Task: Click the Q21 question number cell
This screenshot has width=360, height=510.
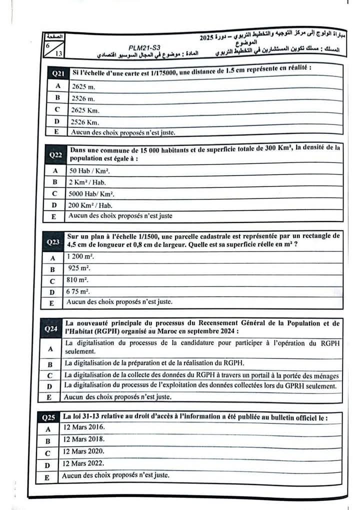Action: pos(58,73)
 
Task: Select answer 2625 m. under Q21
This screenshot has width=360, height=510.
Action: pos(82,86)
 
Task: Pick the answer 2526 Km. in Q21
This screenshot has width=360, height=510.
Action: pos(85,122)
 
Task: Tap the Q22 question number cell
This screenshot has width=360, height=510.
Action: pos(55,155)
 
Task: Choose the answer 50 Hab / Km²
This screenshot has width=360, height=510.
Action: pos(90,170)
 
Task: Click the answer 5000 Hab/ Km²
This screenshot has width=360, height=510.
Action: pos(92,194)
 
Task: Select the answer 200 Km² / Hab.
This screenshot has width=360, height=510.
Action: pos(91,205)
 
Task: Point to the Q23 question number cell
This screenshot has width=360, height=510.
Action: pos(53,242)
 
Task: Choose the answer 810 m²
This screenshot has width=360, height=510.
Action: pos(78,280)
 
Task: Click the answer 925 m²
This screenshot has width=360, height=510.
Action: pos(79,268)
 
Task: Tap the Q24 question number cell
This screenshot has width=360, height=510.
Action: pos(51,328)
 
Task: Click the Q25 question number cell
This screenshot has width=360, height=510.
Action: pos(49,417)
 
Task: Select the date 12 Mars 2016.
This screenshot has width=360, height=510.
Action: pos(83,428)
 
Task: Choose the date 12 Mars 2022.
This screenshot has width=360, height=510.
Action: pos(83,464)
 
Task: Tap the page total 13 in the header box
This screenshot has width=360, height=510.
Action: pos(59,53)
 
